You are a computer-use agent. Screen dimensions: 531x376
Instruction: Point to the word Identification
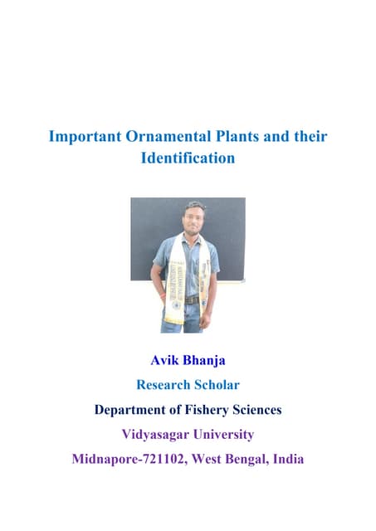pos(188,157)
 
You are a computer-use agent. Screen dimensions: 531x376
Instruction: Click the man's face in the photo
pos(195,218)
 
